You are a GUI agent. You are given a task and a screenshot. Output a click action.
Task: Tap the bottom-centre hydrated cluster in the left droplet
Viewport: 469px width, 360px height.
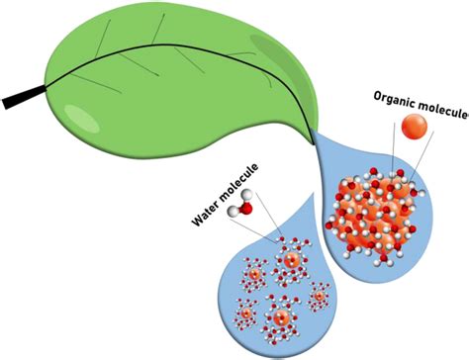(281, 318)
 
